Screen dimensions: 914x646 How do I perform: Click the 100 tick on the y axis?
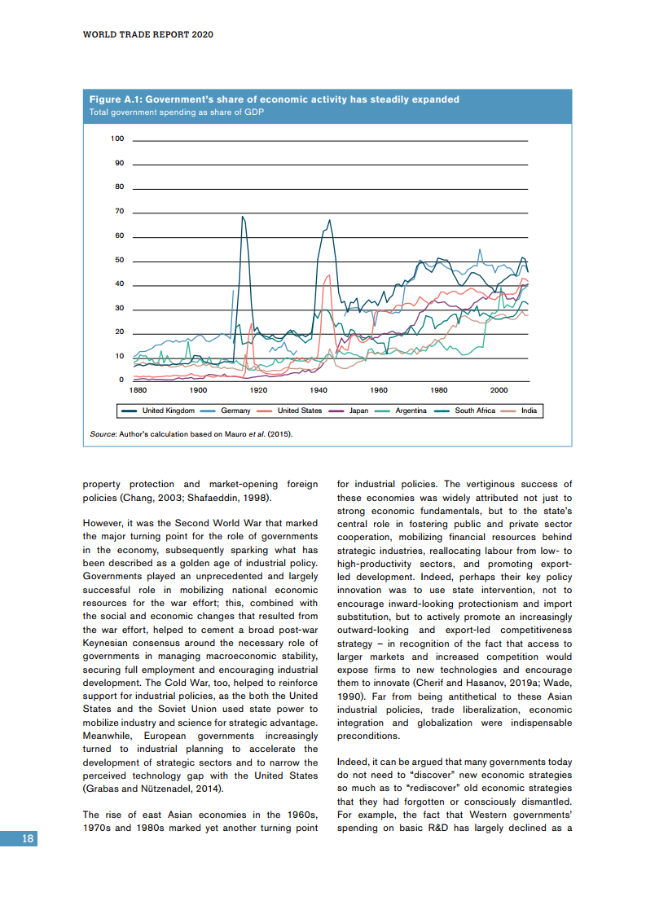pos(117,139)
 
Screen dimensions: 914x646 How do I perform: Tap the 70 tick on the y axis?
pos(119,212)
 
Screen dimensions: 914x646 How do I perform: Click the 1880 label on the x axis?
pos(138,390)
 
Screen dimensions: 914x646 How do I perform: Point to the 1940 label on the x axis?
pos(319,390)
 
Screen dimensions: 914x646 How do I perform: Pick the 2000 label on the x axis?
pos(499,390)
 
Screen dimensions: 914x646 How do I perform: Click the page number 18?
pos(28,839)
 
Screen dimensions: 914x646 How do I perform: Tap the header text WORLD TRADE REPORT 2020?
pos(137,36)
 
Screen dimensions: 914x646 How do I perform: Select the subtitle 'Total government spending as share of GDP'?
pos(176,112)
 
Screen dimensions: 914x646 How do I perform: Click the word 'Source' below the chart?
pos(102,434)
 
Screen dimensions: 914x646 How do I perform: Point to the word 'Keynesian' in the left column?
pos(110,642)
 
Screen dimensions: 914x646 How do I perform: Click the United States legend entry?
pos(299,411)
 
